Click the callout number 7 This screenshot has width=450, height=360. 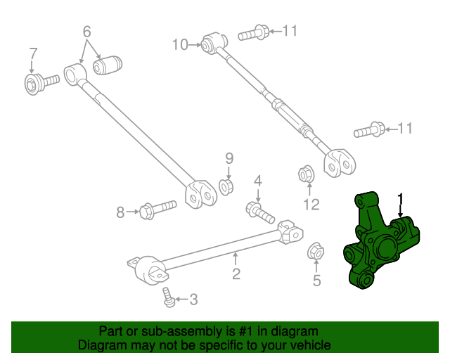click(x=32, y=55)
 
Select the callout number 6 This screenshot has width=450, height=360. click(x=86, y=32)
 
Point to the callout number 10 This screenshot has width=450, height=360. click(x=180, y=45)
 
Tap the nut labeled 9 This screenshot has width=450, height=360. click(x=227, y=186)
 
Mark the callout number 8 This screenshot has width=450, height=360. click(x=120, y=211)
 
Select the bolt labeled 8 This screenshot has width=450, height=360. click(x=157, y=209)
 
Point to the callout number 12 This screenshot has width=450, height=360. click(x=311, y=205)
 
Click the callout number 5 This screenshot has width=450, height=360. click(x=316, y=281)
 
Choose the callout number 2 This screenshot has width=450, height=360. click(x=236, y=274)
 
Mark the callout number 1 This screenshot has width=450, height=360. click(x=401, y=198)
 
